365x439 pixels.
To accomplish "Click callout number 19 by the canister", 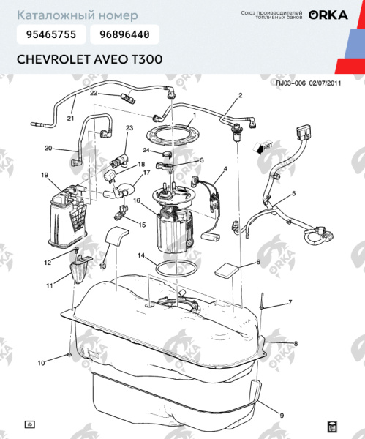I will click(x=45, y=176).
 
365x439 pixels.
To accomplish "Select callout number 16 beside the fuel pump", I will click(x=137, y=200).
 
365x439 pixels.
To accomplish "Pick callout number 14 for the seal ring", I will click(x=142, y=256).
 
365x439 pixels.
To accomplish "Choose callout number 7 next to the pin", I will click(x=290, y=302).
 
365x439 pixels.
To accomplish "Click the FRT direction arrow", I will click(x=260, y=148).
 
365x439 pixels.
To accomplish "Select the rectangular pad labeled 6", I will click(x=226, y=269).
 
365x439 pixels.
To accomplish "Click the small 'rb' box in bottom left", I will click(x=30, y=424).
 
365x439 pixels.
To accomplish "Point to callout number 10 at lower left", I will click(x=41, y=362).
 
